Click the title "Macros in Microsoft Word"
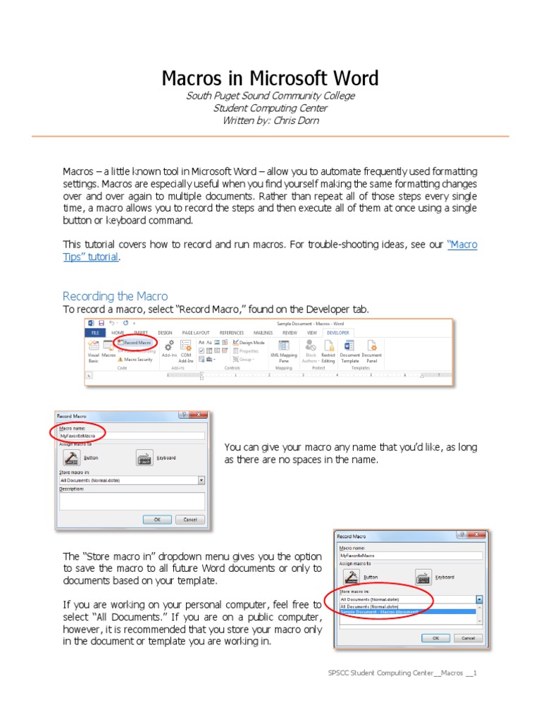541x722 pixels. point(270,78)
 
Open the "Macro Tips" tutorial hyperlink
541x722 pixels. point(462,245)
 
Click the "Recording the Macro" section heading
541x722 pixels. point(116,296)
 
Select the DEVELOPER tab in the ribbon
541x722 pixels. point(337,332)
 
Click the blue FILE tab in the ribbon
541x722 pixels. point(94,332)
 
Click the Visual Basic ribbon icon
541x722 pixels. point(93,350)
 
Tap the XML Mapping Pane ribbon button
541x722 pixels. point(283,350)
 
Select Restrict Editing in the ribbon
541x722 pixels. point(328,350)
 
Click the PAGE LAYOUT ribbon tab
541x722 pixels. point(196,332)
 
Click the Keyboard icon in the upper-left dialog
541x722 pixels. point(145,457)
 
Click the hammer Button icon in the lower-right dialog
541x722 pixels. point(351,577)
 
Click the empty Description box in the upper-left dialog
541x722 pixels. point(132,501)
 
